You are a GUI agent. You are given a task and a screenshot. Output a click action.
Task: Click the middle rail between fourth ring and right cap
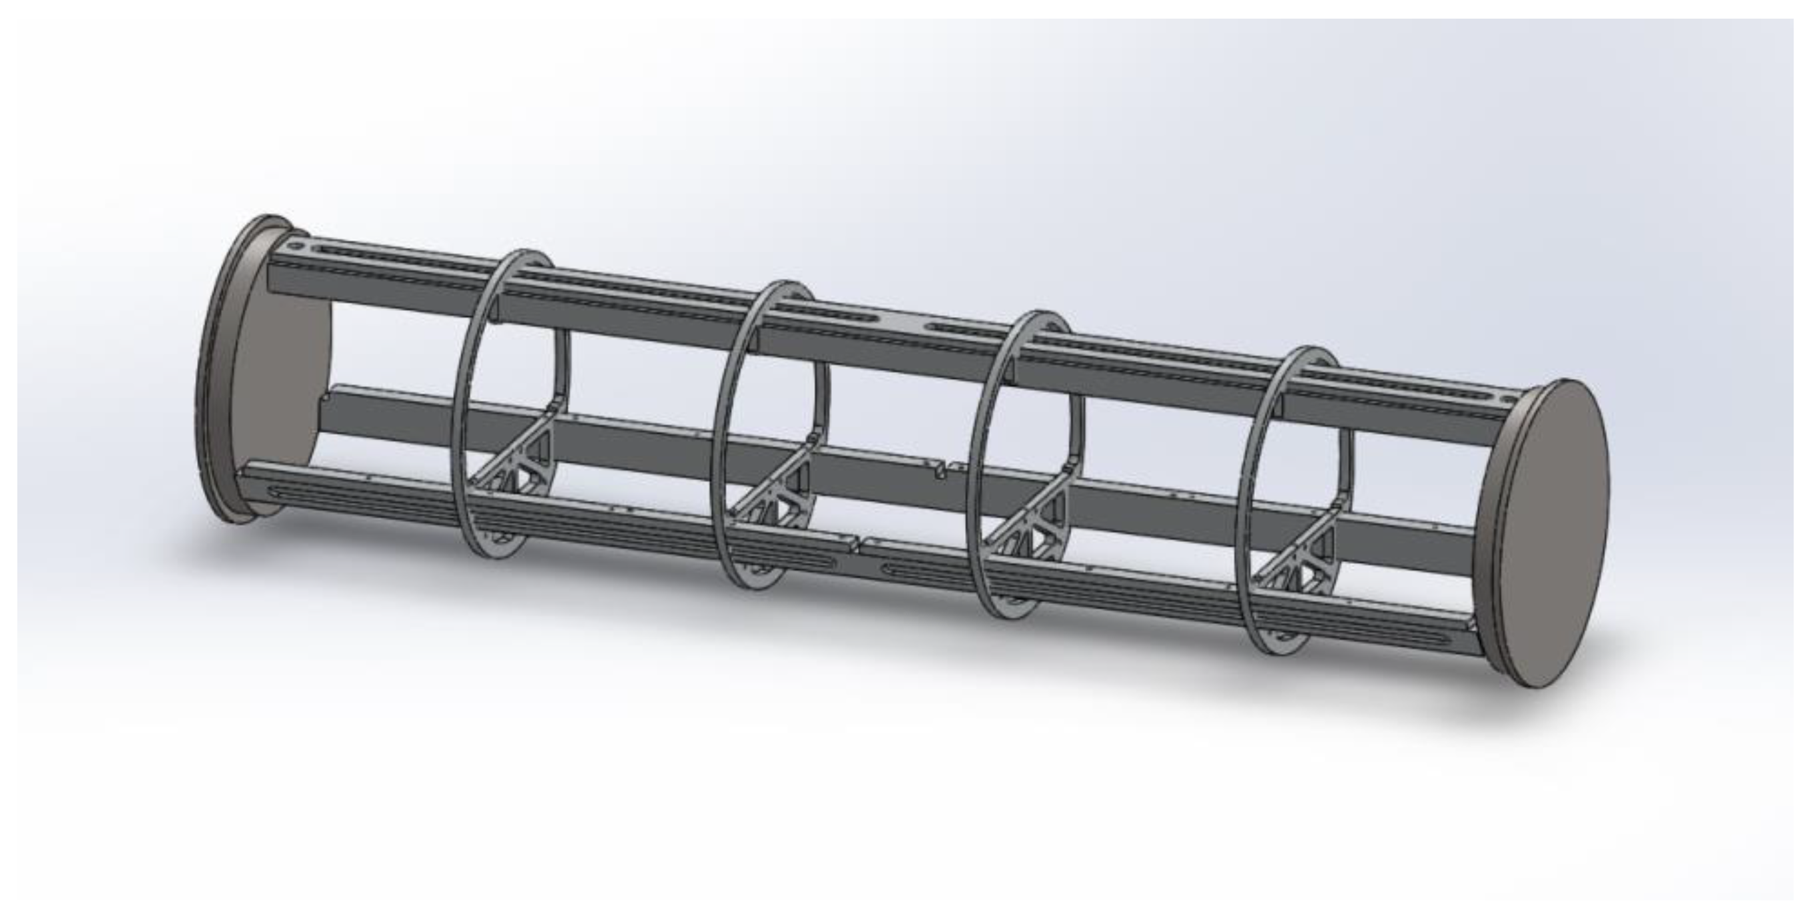tap(1409, 539)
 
